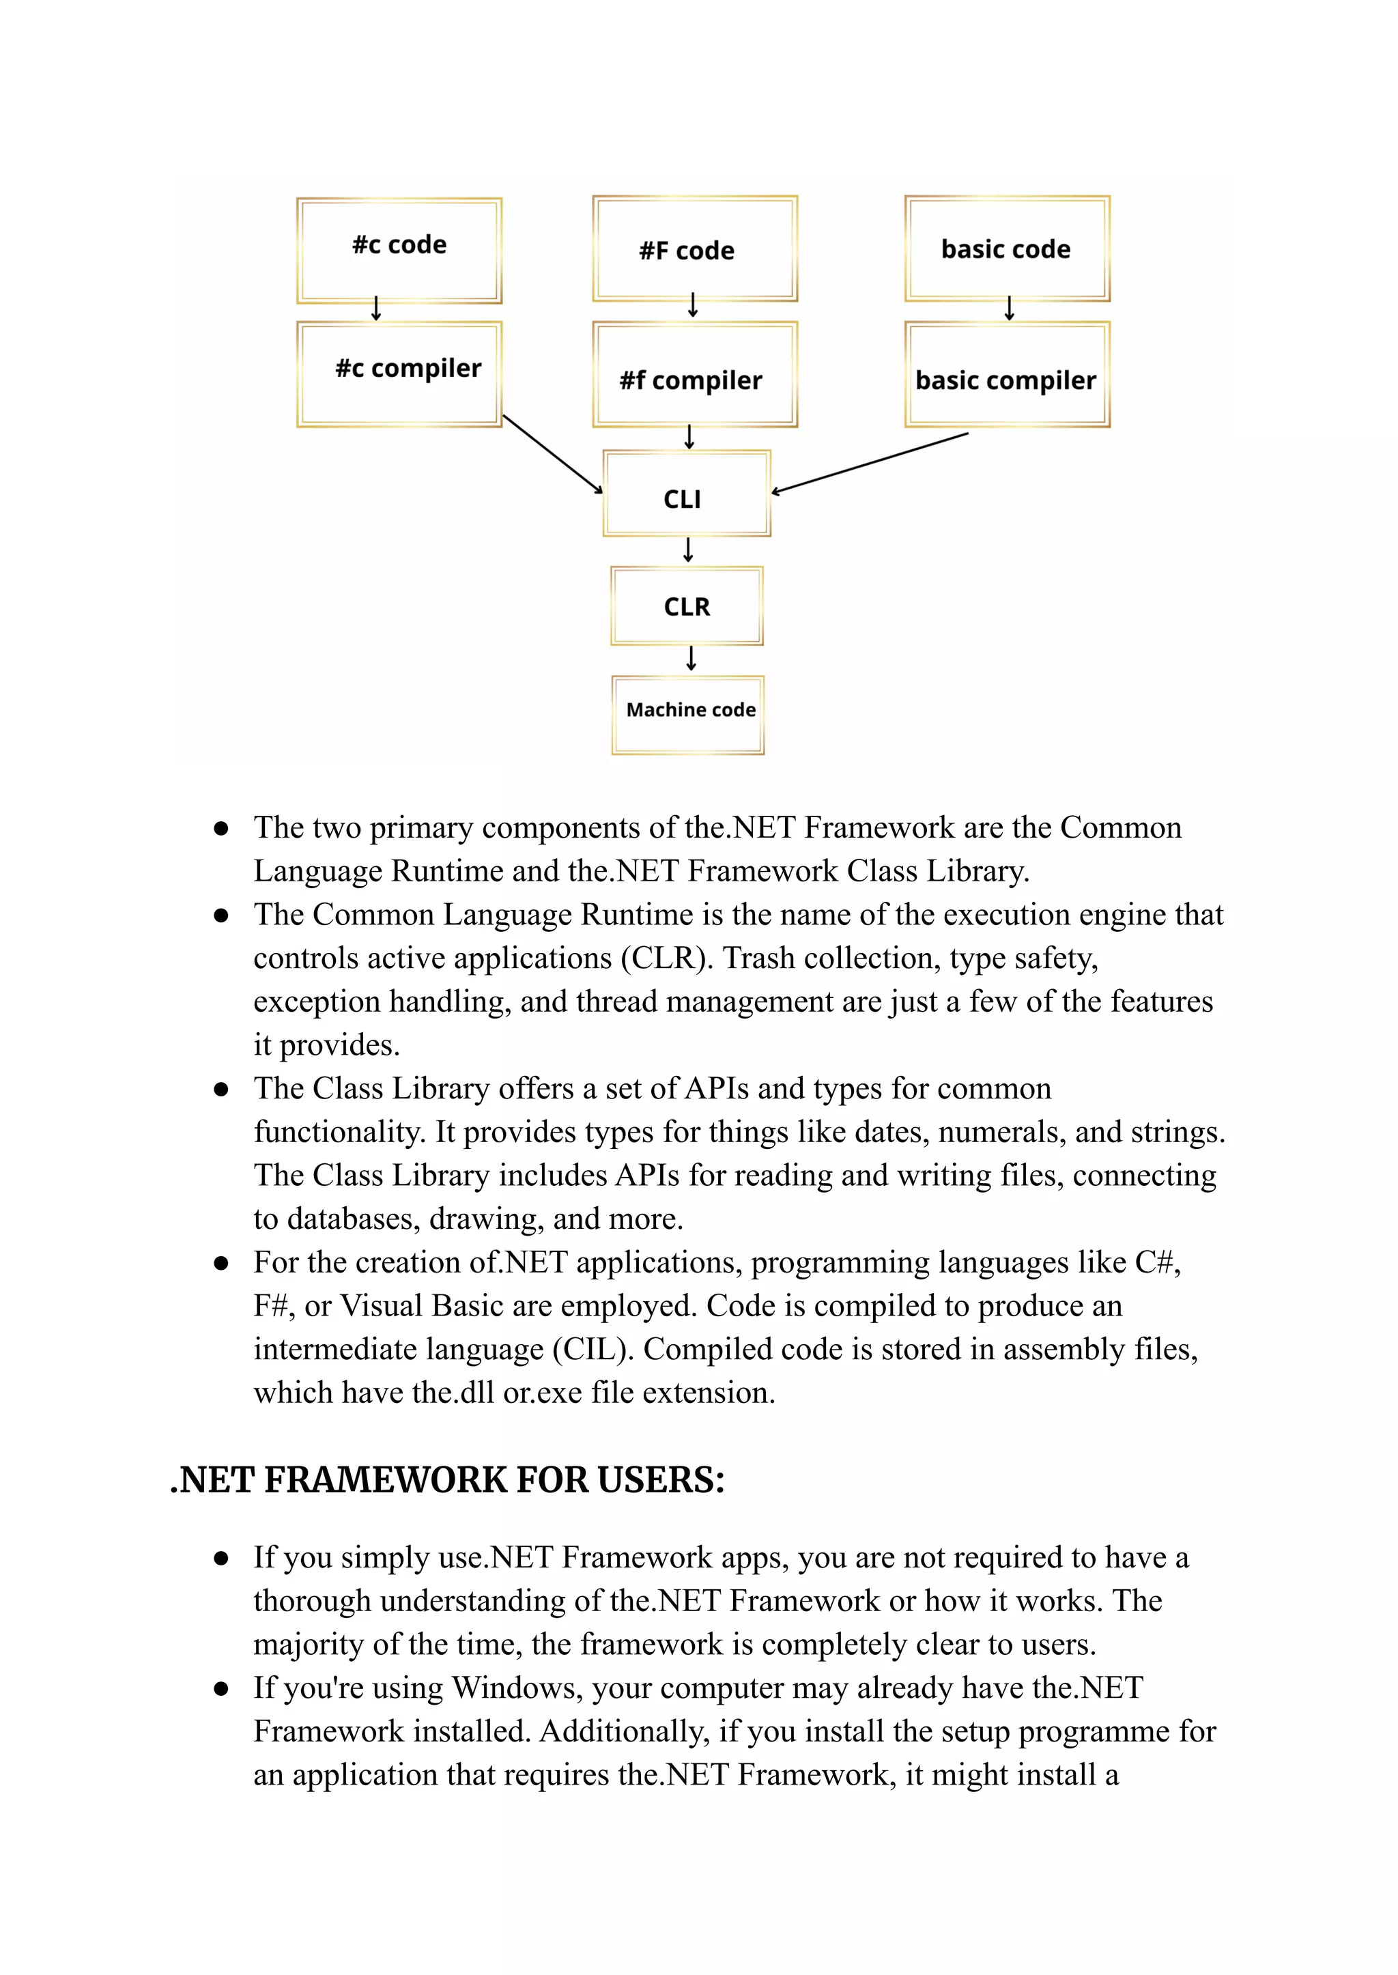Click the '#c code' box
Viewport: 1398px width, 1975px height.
click(399, 250)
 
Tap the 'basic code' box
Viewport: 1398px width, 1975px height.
click(1007, 248)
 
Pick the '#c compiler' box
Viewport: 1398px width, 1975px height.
click(399, 373)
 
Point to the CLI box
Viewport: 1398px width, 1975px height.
click(686, 494)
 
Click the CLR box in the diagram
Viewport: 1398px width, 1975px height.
click(687, 606)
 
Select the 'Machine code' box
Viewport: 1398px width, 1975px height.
click(688, 715)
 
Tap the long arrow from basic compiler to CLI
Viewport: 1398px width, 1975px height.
click(870, 463)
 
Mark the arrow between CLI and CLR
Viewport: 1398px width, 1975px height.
click(688, 550)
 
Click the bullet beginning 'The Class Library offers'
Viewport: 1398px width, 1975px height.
click(221, 1089)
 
